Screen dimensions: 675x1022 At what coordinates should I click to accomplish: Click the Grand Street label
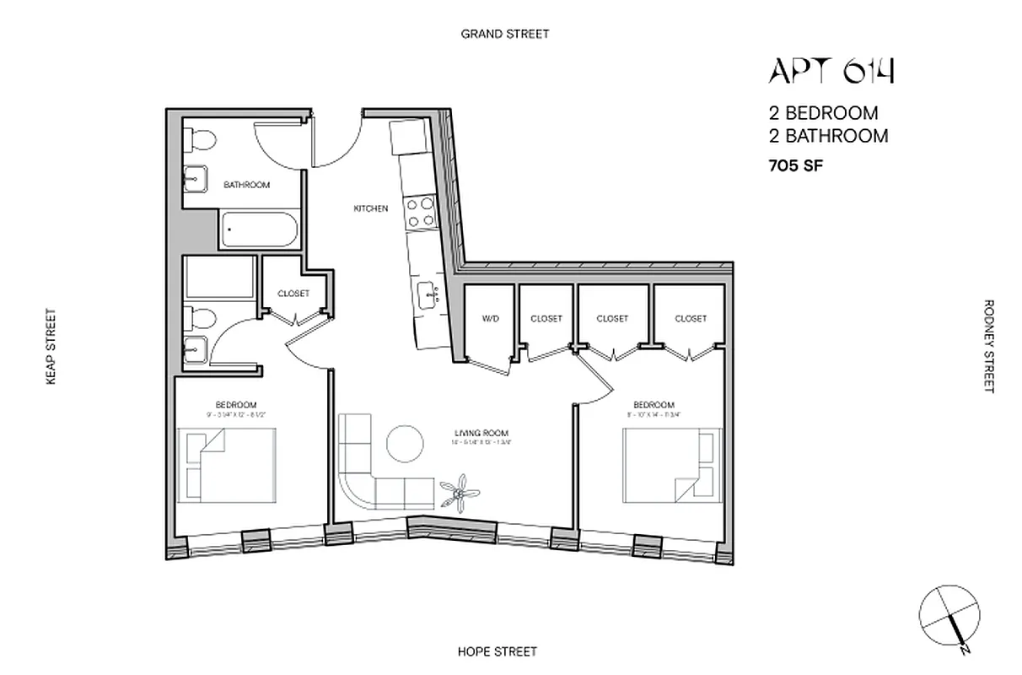[504, 34]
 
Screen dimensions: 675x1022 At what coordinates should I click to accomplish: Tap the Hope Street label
[497, 651]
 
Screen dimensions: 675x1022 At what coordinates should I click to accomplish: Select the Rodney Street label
[988, 346]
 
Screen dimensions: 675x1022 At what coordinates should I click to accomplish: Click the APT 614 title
[831, 71]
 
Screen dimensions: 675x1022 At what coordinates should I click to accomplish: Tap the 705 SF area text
[794, 166]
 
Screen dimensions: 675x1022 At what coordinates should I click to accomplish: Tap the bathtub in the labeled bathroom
[258, 229]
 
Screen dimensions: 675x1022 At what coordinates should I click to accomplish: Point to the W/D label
[490, 319]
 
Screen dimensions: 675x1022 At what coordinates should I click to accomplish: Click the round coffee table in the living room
[406, 442]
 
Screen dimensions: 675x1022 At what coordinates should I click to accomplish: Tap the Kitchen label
[371, 208]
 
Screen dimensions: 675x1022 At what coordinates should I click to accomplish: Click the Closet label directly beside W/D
[546, 319]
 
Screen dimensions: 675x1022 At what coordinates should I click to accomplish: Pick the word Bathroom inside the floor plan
[246, 185]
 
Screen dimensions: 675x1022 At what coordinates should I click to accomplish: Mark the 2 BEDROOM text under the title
[822, 113]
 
